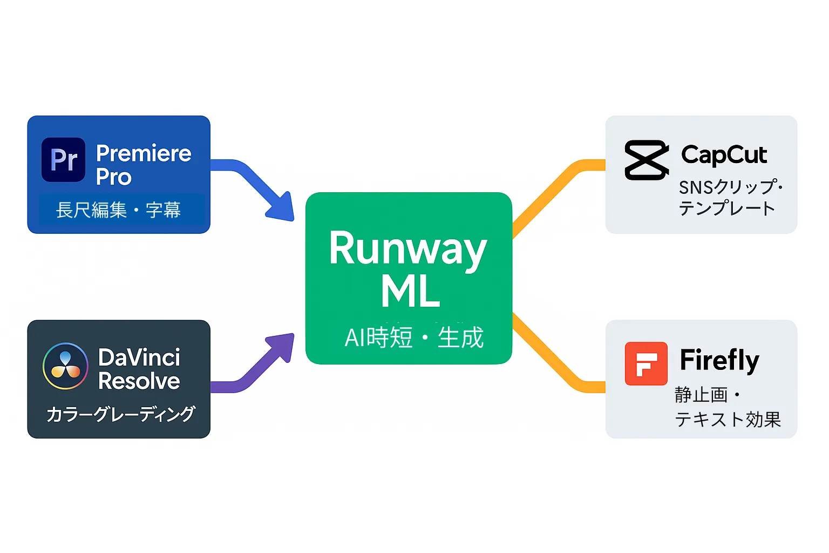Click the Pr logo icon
coord(63,159)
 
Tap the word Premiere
coord(144,153)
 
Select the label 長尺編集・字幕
coord(118,210)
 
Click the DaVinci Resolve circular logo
coord(65,366)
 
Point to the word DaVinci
coord(139,358)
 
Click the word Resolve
coord(139,381)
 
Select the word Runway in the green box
coord(408,248)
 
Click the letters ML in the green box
coord(410,292)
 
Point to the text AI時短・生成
coord(414,338)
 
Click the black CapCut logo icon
coord(646,160)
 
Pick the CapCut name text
coord(724,155)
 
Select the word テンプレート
coord(726,208)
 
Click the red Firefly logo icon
coord(646,363)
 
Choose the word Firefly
coord(719,360)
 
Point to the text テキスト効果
coord(728,419)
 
